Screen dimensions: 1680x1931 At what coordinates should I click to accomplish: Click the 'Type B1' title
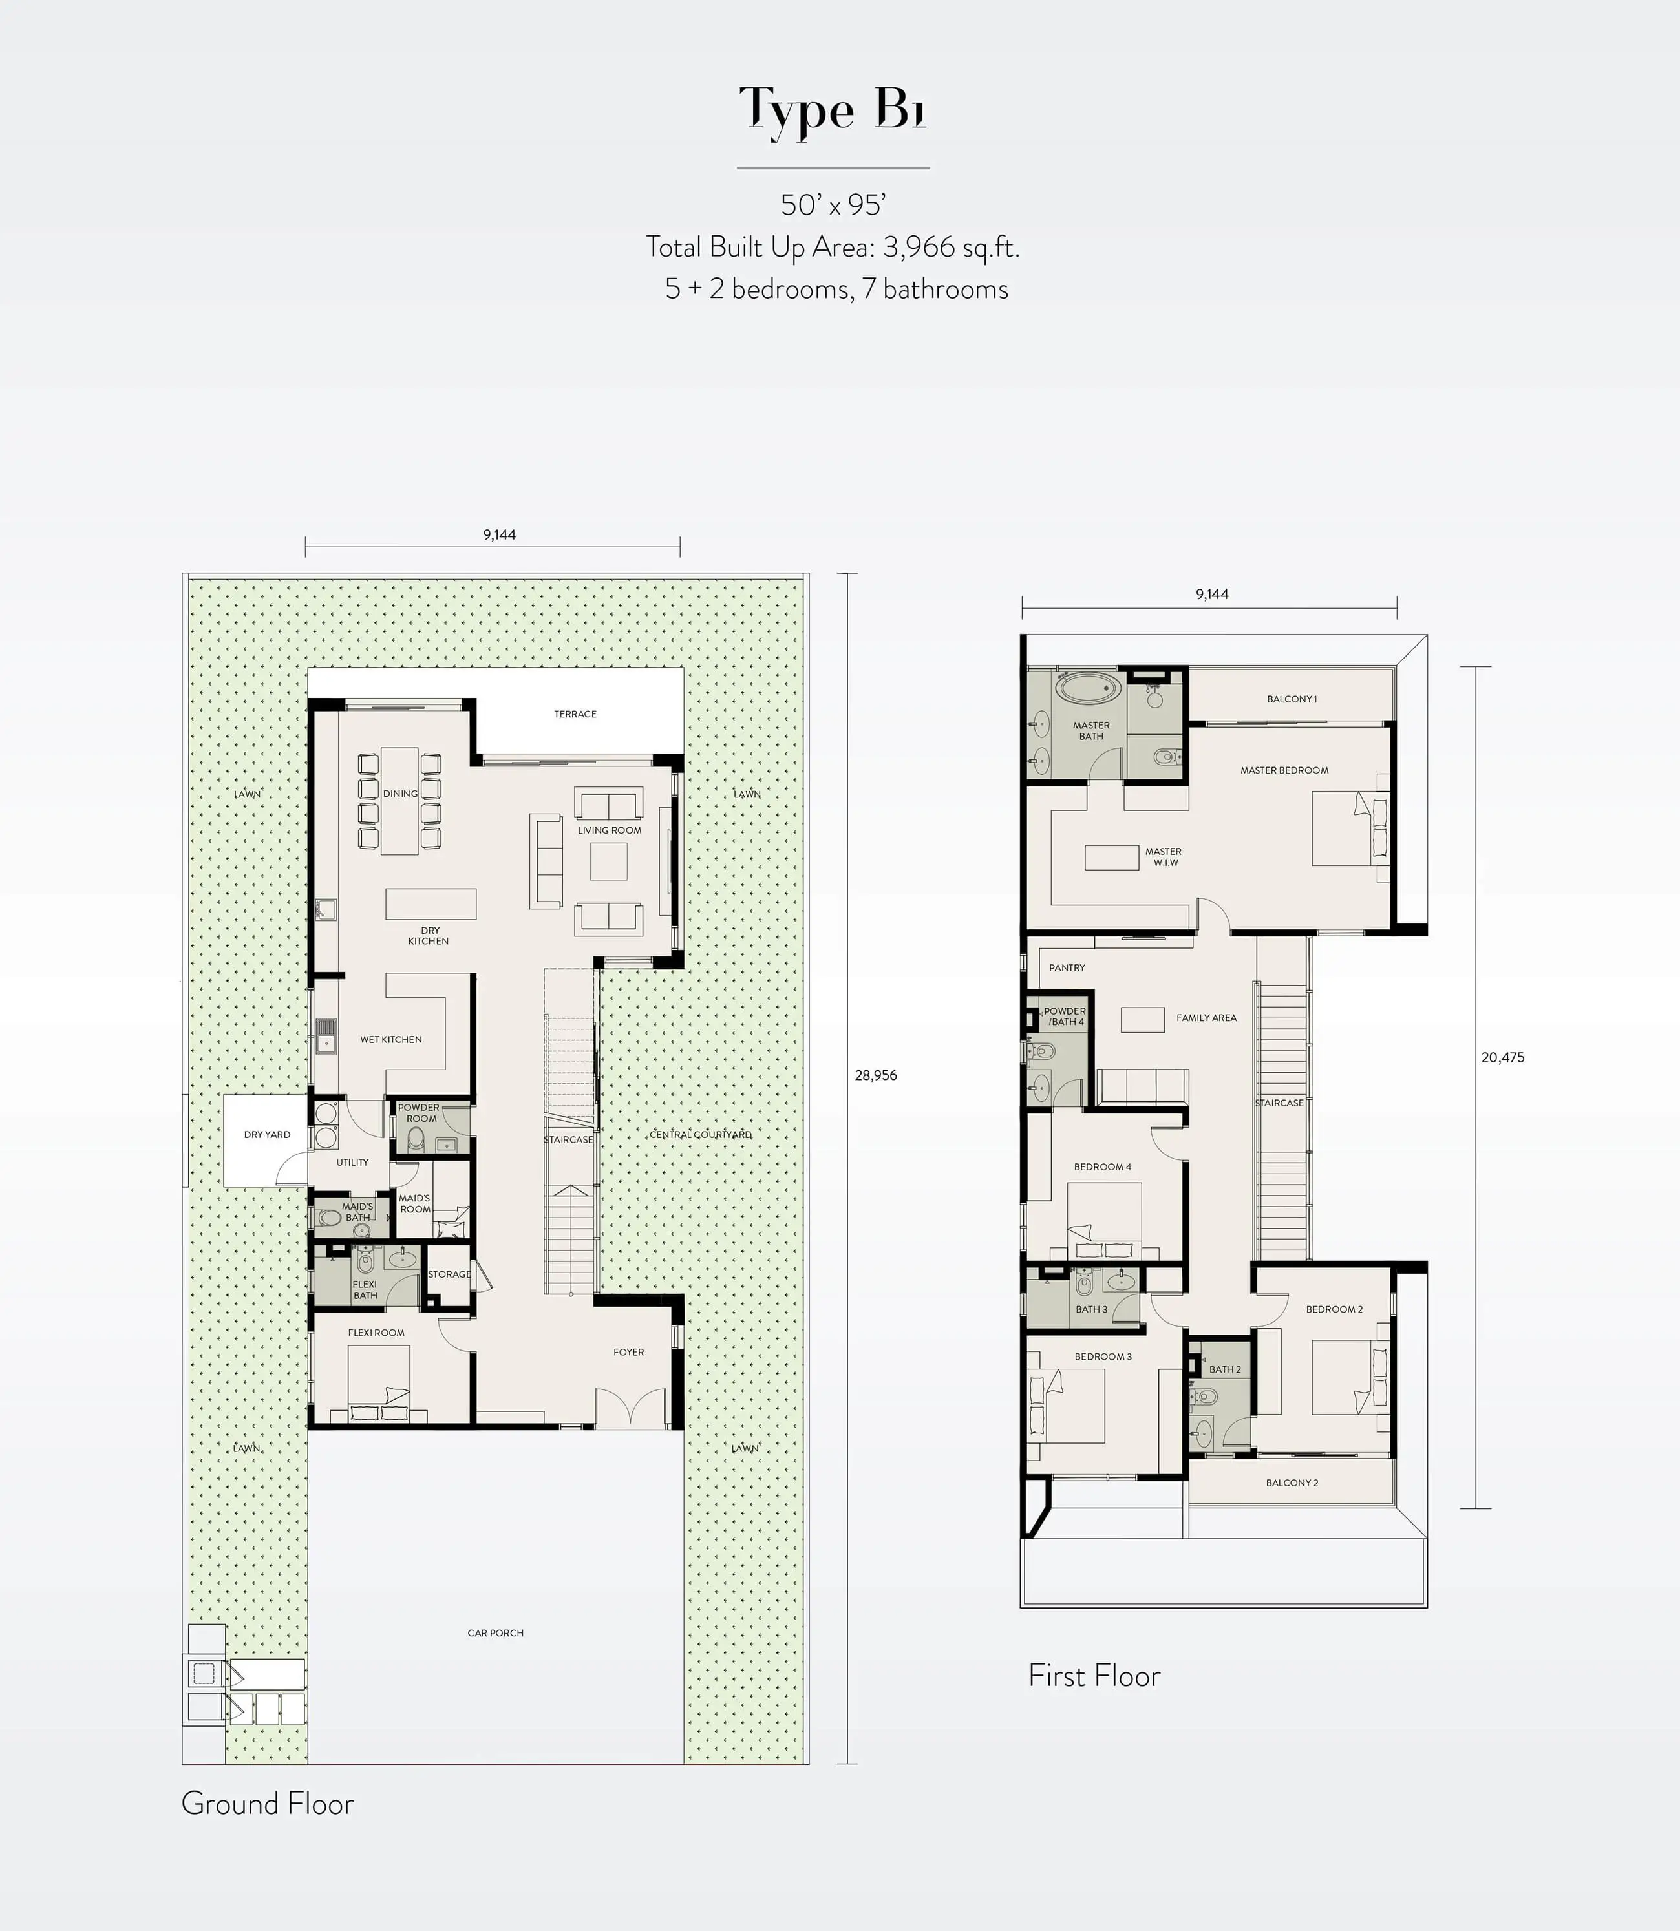click(833, 111)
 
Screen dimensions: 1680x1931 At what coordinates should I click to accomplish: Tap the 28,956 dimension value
click(876, 1075)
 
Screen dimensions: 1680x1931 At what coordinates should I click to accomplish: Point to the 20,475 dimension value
click(1503, 1057)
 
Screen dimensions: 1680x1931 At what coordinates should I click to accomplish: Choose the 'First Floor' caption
click(1094, 1675)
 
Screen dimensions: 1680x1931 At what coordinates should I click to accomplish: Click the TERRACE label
click(575, 714)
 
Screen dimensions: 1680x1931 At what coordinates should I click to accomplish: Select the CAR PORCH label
click(495, 1633)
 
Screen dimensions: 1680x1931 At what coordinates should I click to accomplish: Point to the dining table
click(399, 801)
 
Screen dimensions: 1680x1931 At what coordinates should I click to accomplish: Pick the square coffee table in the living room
click(608, 861)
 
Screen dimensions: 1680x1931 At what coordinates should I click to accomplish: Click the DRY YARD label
click(267, 1134)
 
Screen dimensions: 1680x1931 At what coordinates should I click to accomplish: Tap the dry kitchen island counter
click(431, 903)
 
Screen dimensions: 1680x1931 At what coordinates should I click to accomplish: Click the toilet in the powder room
click(416, 1141)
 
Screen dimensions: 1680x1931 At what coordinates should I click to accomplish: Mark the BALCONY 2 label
click(1292, 1483)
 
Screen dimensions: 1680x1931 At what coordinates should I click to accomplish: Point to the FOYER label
click(628, 1352)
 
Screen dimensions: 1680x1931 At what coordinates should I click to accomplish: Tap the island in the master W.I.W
click(1112, 857)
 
